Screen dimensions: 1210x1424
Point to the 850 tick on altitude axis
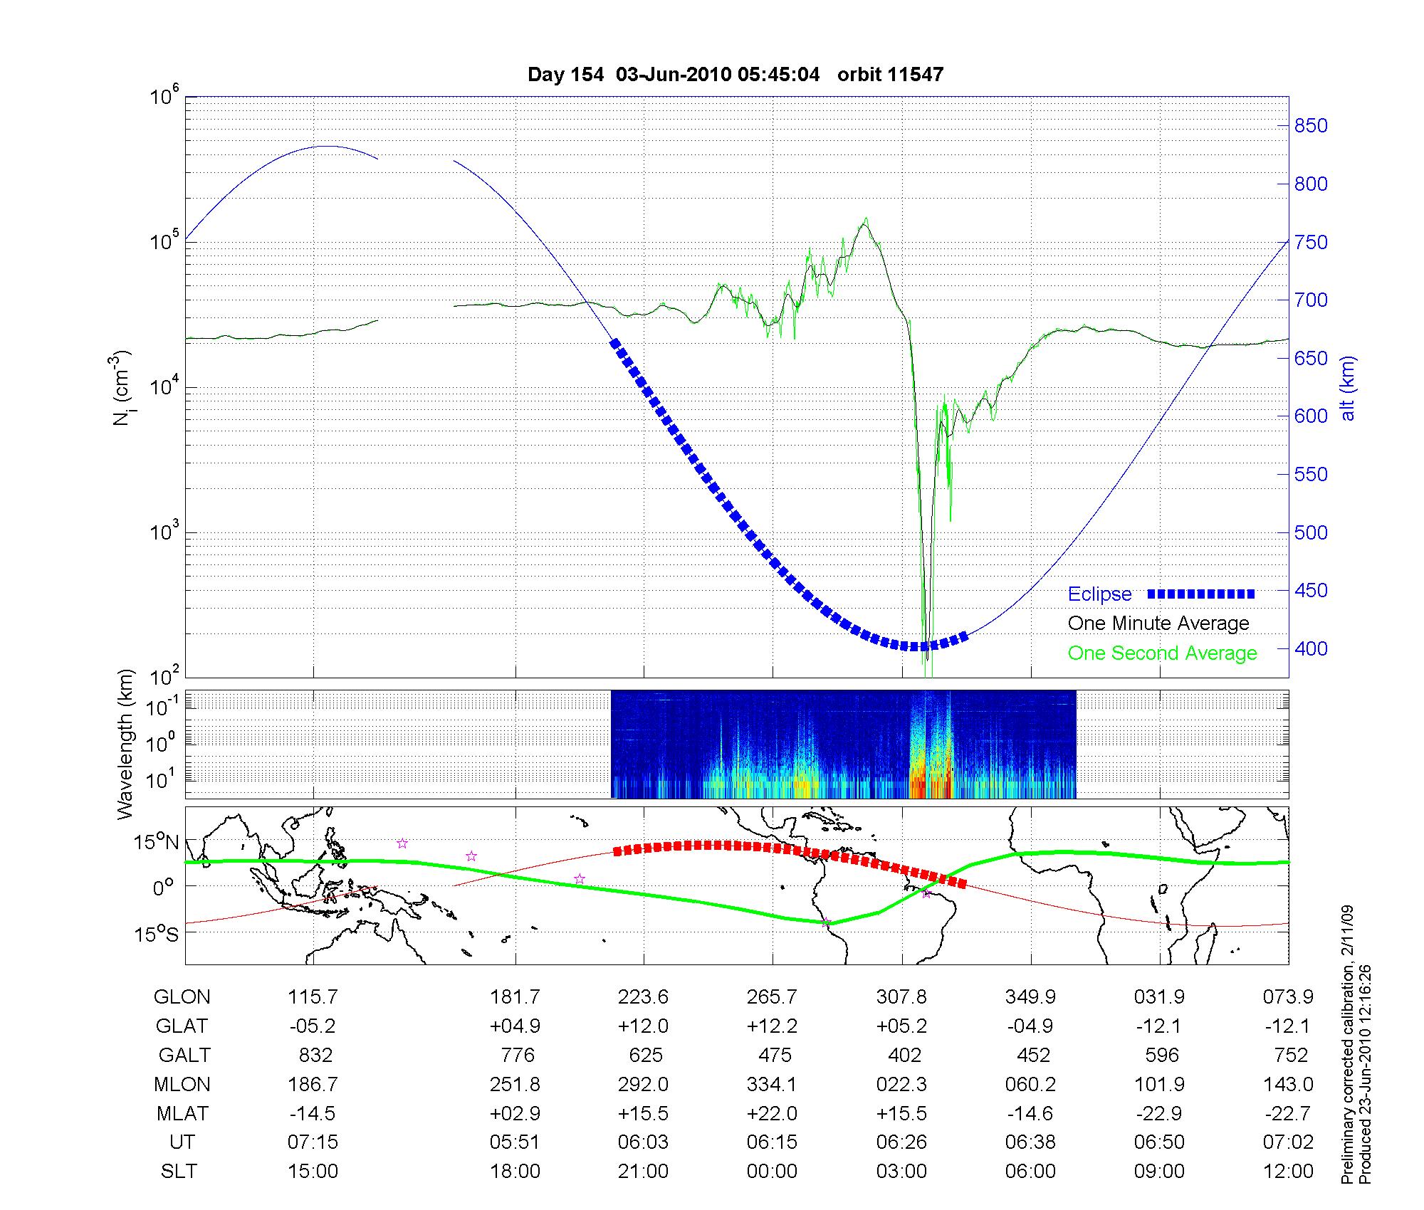click(x=1311, y=126)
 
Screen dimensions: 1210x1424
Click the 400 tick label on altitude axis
click(x=1311, y=648)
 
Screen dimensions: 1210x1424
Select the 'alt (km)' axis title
click(x=1348, y=388)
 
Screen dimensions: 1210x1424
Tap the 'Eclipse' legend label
click(x=1099, y=594)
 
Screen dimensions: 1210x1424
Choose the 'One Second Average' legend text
click(x=1162, y=653)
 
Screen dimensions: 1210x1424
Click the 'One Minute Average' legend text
click(x=1158, y=624)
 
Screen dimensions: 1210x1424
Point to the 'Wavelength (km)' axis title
click(x=126, y=744)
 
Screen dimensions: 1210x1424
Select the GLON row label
click(x=182, y=996)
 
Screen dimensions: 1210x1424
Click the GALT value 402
click(x=904, y=1055)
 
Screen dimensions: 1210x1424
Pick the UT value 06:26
click(x=901, y=1142)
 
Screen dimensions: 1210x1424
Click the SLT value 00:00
click(x=773, y=1171)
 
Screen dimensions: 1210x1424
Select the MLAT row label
click(x=182, y=1113)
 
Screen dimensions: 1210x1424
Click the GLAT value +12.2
click(x=773, y=1026)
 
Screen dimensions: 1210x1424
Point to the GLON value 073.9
click(x=1288, y=996)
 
